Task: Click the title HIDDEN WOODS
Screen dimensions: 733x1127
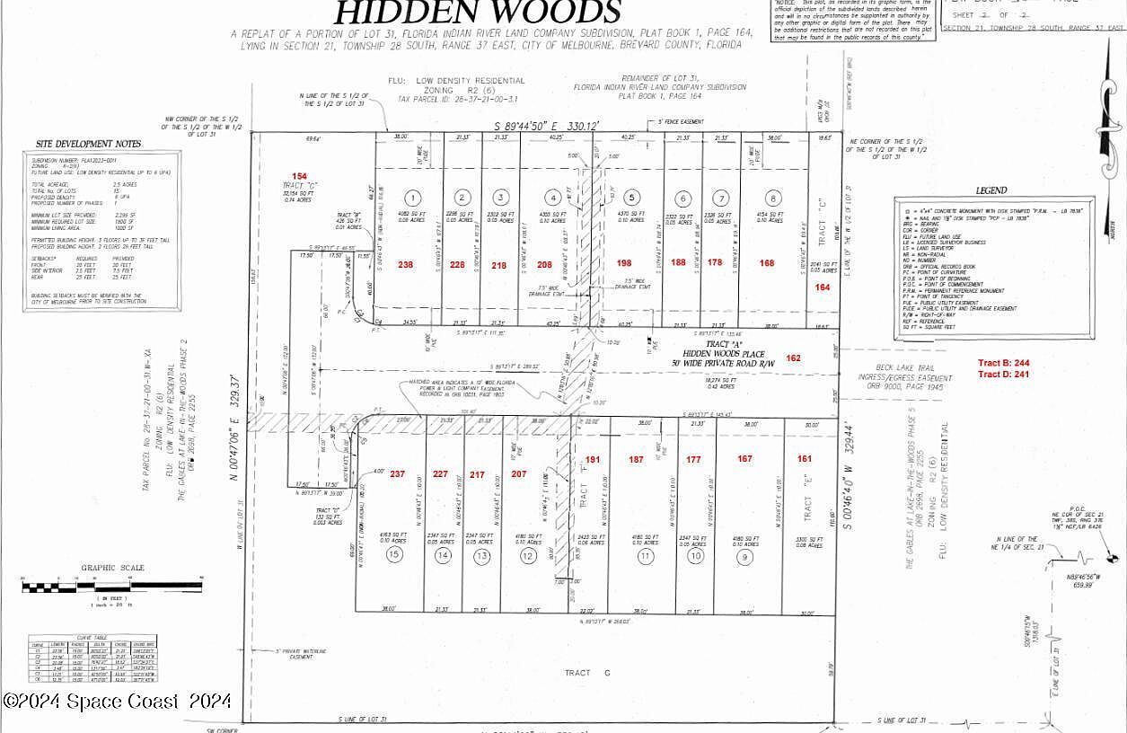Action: (478, 13)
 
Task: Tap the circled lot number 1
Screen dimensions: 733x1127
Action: (412, 198)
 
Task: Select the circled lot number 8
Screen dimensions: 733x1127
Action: (771, 199)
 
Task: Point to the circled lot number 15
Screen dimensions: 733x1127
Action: (392, 556)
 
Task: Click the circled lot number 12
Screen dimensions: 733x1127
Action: (528, 556)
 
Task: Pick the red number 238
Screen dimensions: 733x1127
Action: (406, 264)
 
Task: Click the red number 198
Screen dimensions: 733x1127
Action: (625, 263)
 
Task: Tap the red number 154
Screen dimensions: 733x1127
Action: (299, 176)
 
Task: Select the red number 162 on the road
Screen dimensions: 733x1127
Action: (793, 358)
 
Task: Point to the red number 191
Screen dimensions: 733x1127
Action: (593, 459)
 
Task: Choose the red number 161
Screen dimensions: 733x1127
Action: (804, 459)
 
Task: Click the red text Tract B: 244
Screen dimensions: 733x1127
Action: (1004, 364)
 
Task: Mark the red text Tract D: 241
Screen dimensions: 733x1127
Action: (1004, 375)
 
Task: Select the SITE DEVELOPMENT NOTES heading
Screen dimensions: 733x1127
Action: (88, 144)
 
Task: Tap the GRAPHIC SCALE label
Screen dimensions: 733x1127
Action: (112, 568)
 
